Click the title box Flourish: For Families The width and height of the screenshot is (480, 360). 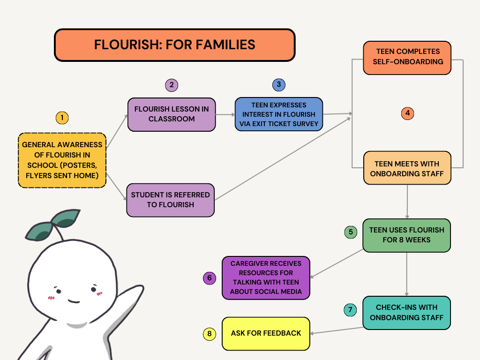tap(174, 45)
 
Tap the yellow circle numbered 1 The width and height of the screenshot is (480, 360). tap(62, 118)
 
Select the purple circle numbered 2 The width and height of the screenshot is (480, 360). tap(172, 85)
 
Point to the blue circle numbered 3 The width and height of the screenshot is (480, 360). tap(279, 84)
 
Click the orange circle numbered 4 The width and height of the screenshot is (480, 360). tap(408, 113)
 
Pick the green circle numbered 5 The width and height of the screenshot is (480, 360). tap(351, 232)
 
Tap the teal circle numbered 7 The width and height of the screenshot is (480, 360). tap(350, 310)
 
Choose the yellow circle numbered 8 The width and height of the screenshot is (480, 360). tap(210, 334)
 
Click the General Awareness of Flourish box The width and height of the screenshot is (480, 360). tap(62, 160)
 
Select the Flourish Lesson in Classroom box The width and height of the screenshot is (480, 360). tap(172, 114)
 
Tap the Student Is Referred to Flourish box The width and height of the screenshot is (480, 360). tap(170, 200)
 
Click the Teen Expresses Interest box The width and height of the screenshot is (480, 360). tap(279, 114)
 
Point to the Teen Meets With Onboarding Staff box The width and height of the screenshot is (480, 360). tap(407, 168)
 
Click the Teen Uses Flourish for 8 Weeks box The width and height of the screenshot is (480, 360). tap(406, 235)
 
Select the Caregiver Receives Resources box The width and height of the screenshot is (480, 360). tap(266, 277)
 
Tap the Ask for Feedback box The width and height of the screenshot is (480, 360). tap(266, 333)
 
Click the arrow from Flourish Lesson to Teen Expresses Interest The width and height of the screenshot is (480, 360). tap(225, 114)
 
